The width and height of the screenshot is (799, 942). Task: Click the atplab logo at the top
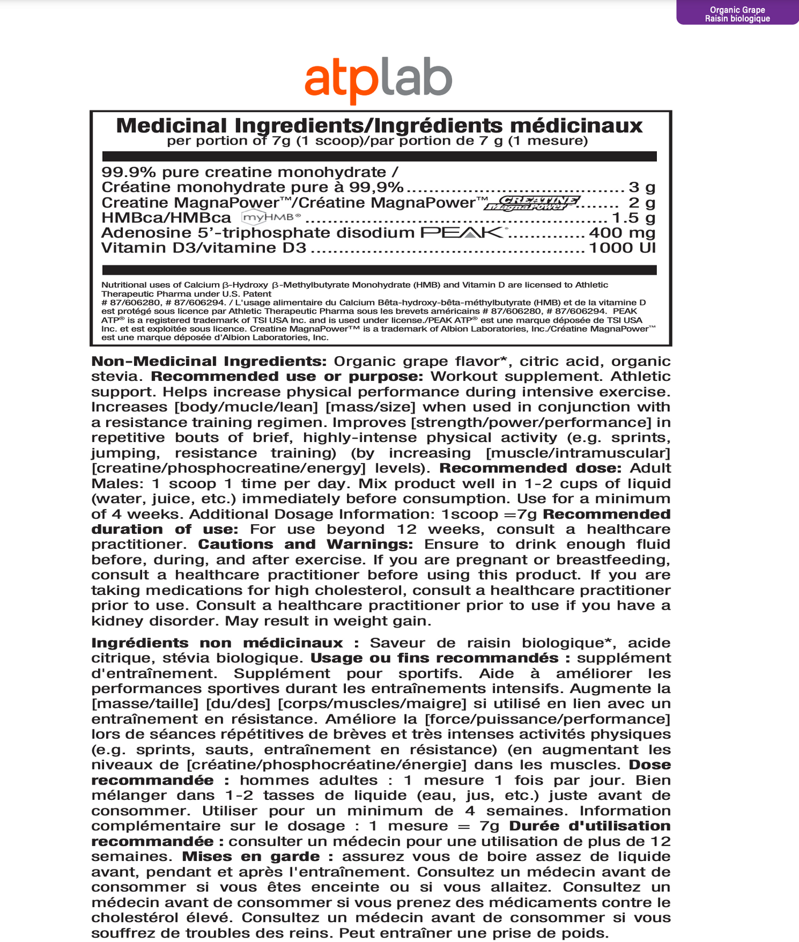pos(378,82)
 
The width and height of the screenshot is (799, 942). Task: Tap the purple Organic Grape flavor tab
pos(737,14)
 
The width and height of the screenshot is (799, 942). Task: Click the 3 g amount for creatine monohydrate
pos(642,187)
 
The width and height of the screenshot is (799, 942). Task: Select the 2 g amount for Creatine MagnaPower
pos(642,203)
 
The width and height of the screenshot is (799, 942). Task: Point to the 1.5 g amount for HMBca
pos(633,218)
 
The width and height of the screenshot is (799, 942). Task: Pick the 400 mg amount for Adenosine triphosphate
pos(622,233)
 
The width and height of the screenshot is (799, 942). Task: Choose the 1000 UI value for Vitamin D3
pos(622,248)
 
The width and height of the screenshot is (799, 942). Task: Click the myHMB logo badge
pos(271,217)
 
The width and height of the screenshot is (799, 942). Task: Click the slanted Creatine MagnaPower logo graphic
pos(532,203)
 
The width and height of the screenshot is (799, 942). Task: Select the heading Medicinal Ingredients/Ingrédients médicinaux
pos(380,126)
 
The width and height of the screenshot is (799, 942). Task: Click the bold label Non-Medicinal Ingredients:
pos(209,361)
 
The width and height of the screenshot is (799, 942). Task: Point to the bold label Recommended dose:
pos(530,468)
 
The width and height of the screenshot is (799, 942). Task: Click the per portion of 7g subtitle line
pos(377,141)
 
